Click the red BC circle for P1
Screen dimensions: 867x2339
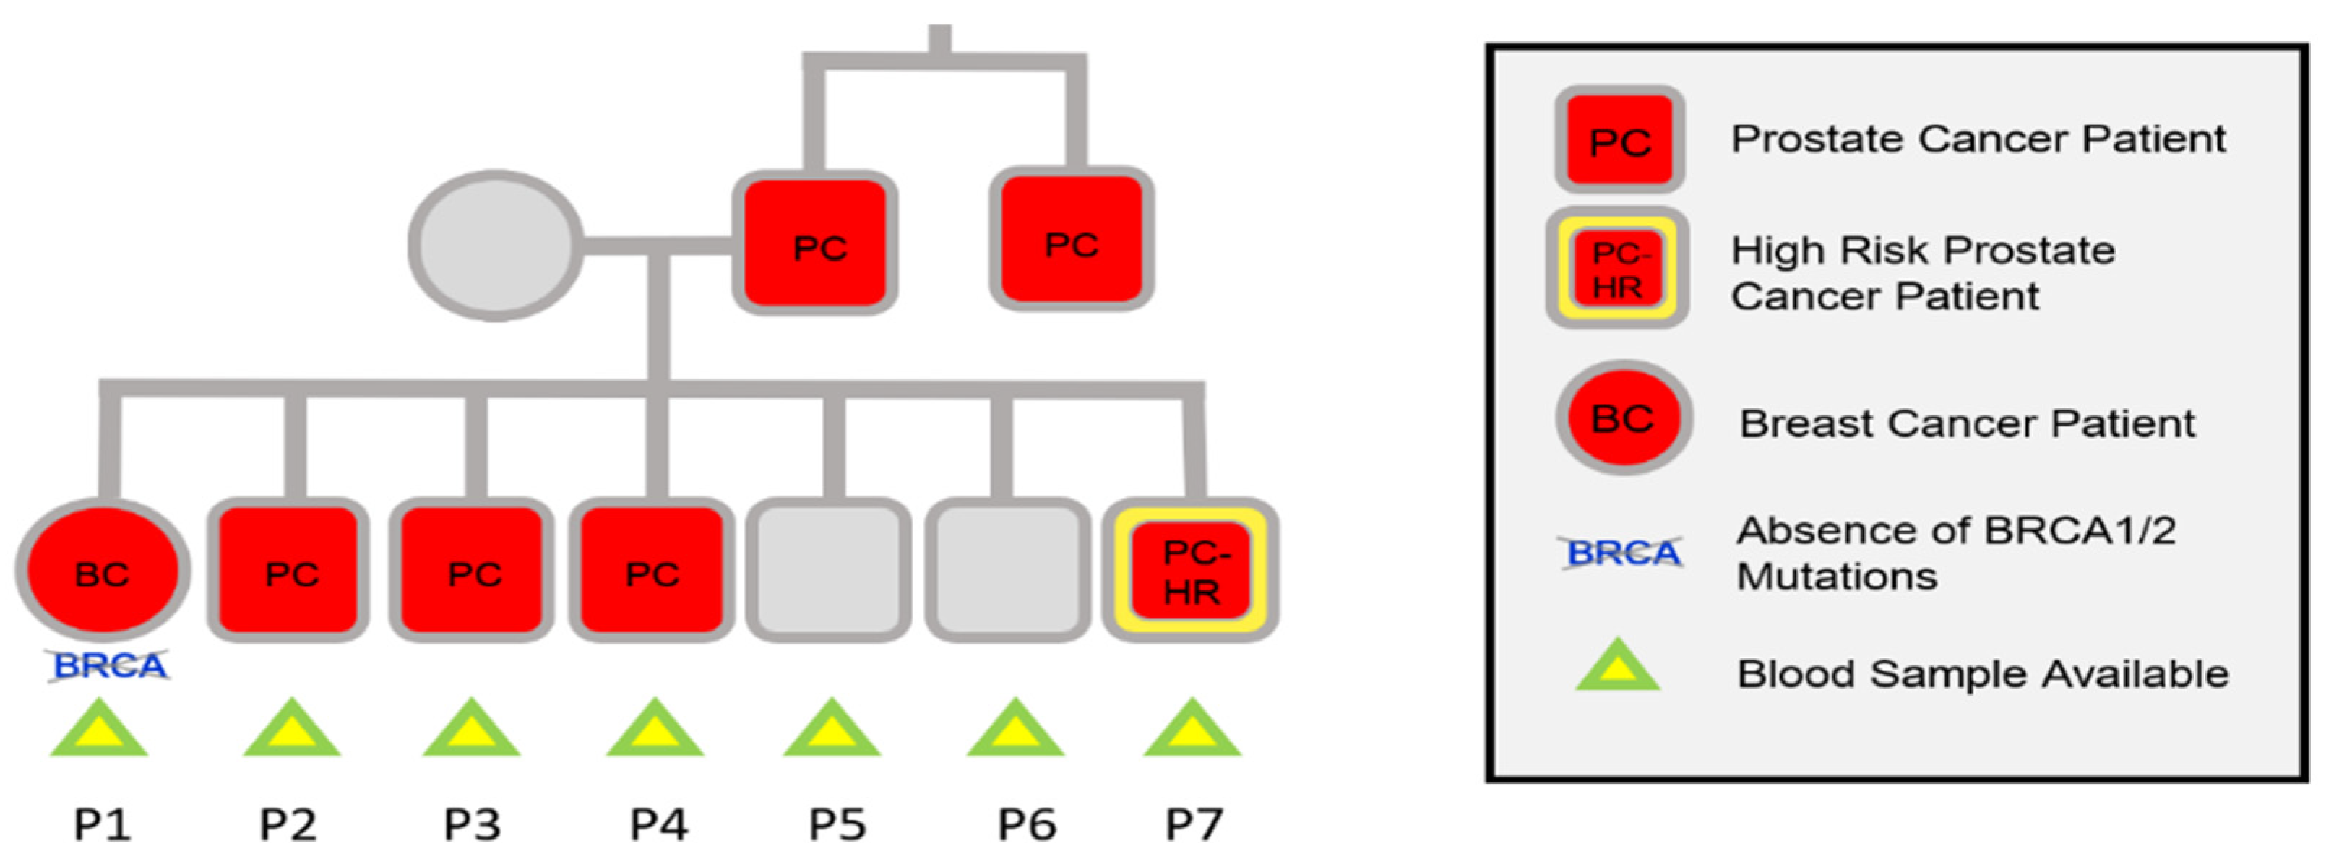click(103, 571)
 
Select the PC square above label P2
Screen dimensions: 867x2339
click(289, 571)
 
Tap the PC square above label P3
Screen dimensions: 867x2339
click(471, 571)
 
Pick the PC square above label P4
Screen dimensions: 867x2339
click(651, 571)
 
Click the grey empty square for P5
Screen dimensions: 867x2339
click(828, 571)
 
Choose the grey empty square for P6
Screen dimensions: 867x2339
click(1007, 571)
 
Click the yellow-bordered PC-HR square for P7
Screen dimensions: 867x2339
click(1190, 571)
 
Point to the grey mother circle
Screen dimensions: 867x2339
click(496, 245)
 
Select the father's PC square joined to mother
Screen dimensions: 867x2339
click(815, 243)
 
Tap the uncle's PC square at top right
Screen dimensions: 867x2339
click(1072, 240)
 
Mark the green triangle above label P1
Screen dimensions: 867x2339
click(99, 731)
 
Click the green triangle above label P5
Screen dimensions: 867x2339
click(832, 731)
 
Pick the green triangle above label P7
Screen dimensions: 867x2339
click(1192, 731)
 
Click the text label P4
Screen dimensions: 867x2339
click(658, 824)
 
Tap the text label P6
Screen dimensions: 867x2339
click(1026, 824)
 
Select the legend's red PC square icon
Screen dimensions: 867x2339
click(1620, 141)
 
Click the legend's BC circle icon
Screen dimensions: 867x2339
click(1624, 418)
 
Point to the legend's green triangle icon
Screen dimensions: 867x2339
click(1618, 668)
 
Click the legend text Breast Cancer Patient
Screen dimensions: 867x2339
click(1967, 424)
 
